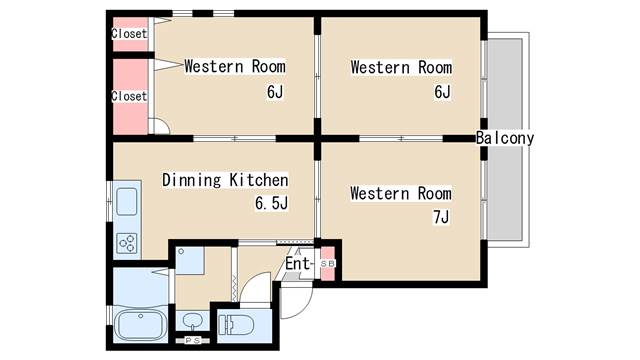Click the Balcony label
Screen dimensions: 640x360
pos(505,138)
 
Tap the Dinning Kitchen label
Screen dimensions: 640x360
pos(225,180)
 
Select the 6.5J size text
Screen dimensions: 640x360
pos(271,203)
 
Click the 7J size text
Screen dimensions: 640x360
pos(441,217)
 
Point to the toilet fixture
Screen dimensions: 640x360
pos(236,325)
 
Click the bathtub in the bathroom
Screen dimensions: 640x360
pos(140,325)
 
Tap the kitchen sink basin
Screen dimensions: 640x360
pos(127,202)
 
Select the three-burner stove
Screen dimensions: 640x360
pos(127,242)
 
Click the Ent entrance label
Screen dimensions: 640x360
pos(298,264)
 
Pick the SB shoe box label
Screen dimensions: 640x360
pos(327,264)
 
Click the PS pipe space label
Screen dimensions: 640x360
pos(192,340)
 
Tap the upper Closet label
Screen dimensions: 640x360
pos(129,33)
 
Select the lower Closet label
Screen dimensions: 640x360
pos(129,96)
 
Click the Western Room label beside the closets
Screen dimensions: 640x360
pos(235,67)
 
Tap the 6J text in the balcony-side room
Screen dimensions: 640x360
pos(442,92)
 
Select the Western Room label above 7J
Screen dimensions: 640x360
pos(401,193)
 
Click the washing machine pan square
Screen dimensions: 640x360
pos(190,260)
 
